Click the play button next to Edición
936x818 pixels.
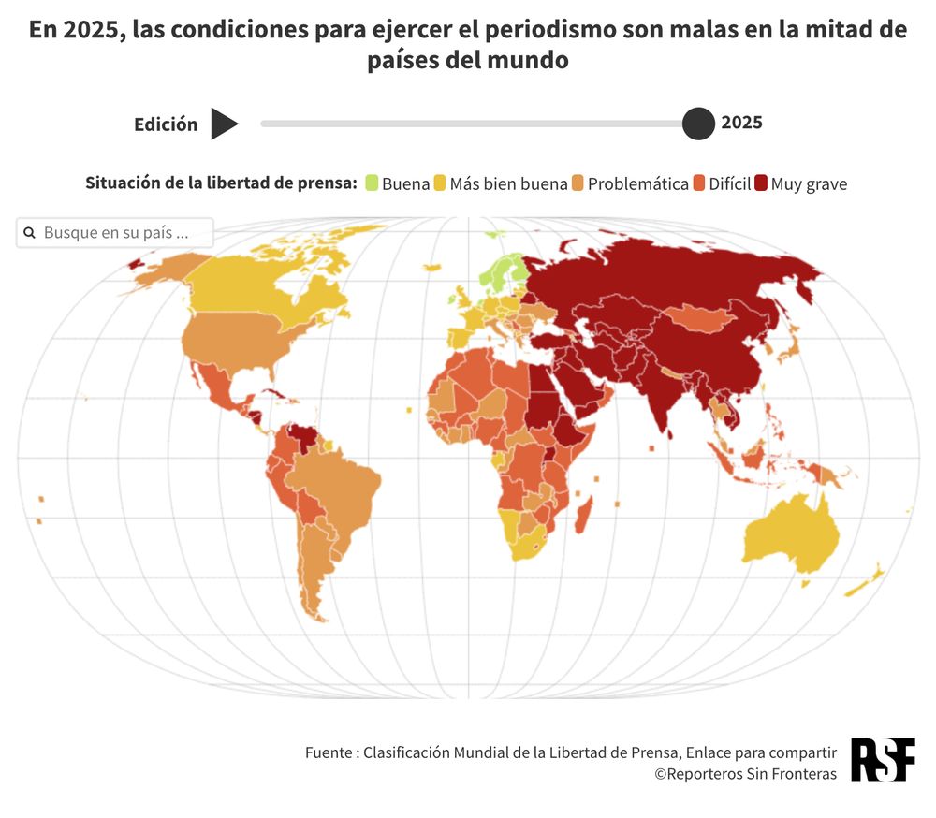pos(224,124)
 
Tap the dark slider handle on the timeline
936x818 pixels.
pos(698,124)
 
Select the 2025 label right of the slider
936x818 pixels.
pos(741,123)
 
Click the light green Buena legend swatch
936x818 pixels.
pos(372,183)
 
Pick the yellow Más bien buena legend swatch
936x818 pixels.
pos(439,183)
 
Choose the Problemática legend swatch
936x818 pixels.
pos(578,183)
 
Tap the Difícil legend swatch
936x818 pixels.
pos(698,183)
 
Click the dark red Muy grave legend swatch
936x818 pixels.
pos(761,183)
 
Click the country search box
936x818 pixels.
pos(115,232)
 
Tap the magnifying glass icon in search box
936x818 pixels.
pos(29,232)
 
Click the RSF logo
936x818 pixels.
pos(882,759)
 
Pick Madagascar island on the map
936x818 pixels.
pos(582,514)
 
